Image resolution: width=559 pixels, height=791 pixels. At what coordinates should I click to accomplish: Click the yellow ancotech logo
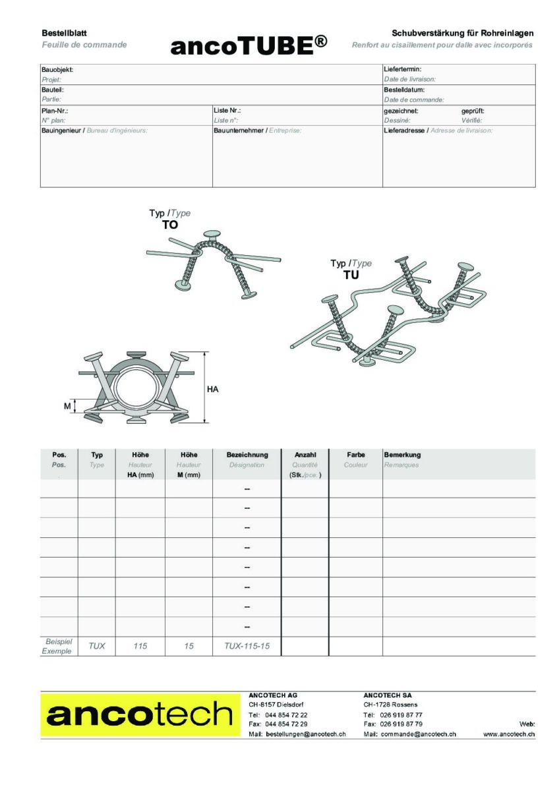click(x=139, y=715)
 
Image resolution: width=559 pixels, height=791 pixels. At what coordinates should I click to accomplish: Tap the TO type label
click(x=170, y=225)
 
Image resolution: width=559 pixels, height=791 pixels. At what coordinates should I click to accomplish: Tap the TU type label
click(x=351, y=275)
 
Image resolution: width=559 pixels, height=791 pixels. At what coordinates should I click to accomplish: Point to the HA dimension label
click(x=212, y=390)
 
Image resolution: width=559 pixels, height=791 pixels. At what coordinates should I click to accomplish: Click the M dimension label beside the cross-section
click(x=67, y=407)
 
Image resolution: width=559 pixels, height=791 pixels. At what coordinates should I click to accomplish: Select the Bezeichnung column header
click(x=247, y=455)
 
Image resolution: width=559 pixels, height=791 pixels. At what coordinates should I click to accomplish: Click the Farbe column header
click(x=356, y=455)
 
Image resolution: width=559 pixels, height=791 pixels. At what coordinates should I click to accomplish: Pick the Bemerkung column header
click(x=402, y=455)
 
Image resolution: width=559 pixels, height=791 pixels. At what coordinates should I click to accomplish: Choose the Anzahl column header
click(x=305, y=455)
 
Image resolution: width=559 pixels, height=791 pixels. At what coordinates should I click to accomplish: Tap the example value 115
click(x=140, y=647)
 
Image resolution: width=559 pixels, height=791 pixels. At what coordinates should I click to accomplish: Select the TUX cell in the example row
click(x=97, y=647)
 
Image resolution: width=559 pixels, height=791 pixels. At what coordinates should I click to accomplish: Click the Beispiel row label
click(x=58, y=641)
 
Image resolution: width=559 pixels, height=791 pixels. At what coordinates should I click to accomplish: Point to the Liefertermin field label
click(x=403, y=69)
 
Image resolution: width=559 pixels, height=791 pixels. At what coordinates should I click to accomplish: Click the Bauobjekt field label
click(x=57, y=69)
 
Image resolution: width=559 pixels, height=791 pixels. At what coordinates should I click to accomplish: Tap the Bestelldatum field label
click(x=404, y=90)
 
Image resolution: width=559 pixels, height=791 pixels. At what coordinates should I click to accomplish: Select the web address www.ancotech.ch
click(x=509, y=734)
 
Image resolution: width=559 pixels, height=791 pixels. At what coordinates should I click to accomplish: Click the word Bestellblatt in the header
click(x=65, y=33)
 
